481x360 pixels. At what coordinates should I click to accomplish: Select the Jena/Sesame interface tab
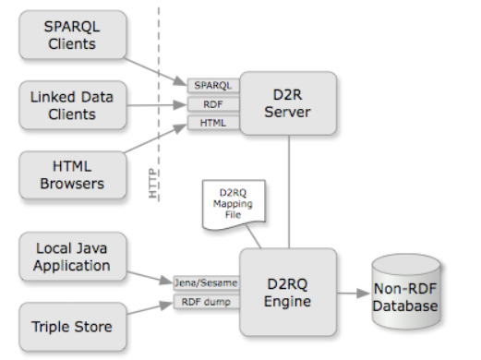(205, 281)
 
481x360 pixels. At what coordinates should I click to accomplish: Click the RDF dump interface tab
(205, 300)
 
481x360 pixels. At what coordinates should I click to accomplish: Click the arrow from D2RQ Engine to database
(355, 293)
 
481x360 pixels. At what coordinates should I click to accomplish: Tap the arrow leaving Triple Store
(148, 313)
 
